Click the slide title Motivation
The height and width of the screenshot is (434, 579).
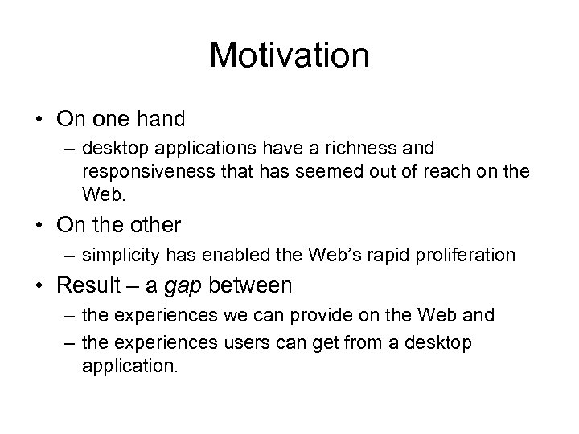coord(289,55)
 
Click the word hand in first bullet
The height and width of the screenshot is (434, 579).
coord(160,120)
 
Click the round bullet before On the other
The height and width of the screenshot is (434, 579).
coord(39,224)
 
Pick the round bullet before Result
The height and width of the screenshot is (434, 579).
coord(39,285)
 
